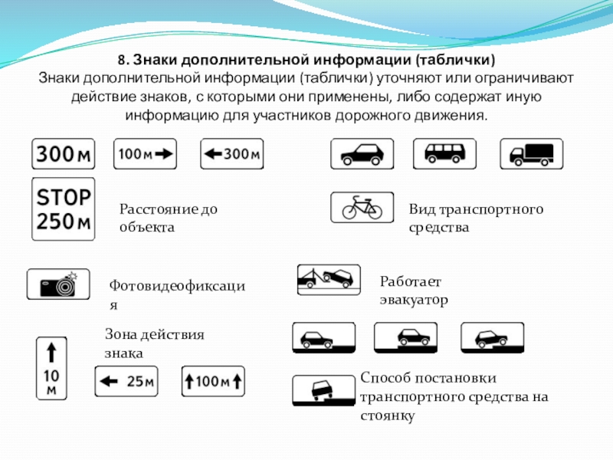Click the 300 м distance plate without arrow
(62, 154)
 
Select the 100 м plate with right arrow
(146, 154)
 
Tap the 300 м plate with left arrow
(231, 154)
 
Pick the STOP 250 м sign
(62, 209)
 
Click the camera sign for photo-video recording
(58, 284)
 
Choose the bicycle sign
(362, 207)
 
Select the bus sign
(445, 153)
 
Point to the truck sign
(531, 153)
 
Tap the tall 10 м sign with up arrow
(51, 368)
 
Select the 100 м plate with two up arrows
(212, 380)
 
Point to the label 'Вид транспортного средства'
(475, 218)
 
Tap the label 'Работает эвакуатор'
(413, 291)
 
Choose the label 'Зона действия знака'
(154, 343)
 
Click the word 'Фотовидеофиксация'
(177, 286)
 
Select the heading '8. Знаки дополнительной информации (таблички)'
(306, 60)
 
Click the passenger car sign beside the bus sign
(362, 153)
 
